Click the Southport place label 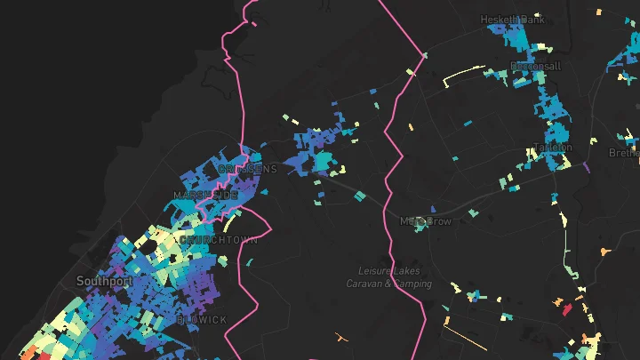click(104, 281)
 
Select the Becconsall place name click(535, 67)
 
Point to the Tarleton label click(552, 147)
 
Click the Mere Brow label click(426, 220)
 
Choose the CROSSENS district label click(248, 169)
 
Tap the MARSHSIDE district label click(205, 195)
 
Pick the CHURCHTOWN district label click(219, 240)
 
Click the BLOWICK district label click(202, 319)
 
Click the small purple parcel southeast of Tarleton click(586, 165)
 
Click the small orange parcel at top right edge click(597, 13)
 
